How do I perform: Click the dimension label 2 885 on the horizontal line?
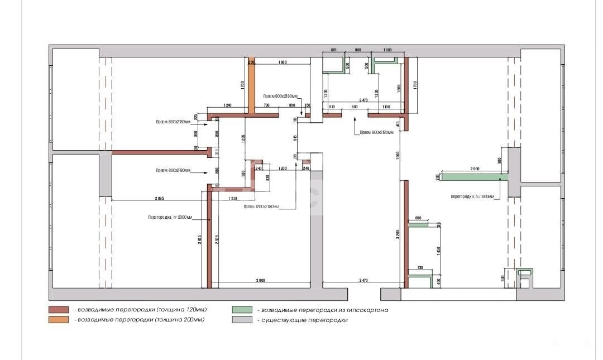point(160,198)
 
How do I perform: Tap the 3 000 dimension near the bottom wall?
point(260,280)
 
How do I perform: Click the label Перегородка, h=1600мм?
point(472,196)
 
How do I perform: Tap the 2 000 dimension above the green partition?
point(475,169)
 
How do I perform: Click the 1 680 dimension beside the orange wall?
point(283,62)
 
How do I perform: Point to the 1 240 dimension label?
point(228,105)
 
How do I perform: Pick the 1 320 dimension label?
point(233,198)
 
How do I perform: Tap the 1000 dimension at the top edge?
point(387,50)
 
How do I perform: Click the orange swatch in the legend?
point(59,320)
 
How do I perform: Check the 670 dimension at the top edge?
point(334,50)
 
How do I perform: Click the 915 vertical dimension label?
point(295,137)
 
